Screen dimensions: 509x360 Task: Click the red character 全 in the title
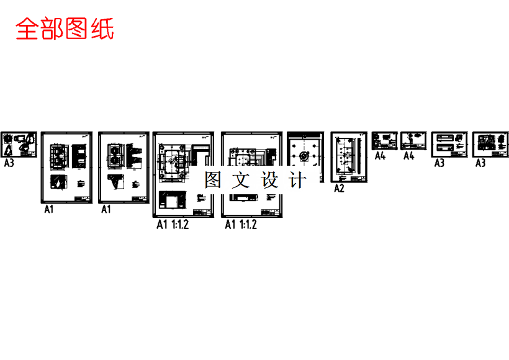(27, 29)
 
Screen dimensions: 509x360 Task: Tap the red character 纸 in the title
(102, 29)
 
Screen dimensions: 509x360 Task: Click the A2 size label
(339, 188)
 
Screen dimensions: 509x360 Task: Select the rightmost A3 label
(480, 163)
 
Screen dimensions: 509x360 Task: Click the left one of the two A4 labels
(380, 156)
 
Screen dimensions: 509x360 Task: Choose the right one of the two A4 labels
(408, 156)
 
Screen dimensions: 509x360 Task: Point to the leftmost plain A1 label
(48, 210)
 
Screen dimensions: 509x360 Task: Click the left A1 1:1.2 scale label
(172, 225)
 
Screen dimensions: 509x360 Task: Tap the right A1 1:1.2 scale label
(240, 225)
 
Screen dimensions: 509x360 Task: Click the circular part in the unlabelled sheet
(304, 155)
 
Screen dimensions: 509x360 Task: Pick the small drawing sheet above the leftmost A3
(19, 145)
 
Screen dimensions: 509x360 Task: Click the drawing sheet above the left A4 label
(384, 141)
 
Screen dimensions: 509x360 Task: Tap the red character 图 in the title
(78, 29)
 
